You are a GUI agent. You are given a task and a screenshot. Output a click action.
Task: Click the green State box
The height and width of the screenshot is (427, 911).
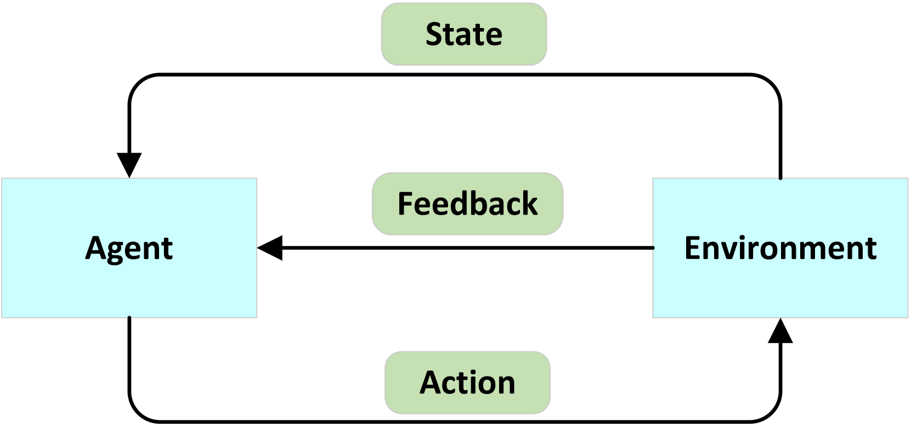pyautogui.click(x=464, y=34)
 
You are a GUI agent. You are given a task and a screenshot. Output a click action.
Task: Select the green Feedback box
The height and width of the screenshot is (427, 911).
pyautogui.click(x=467, y=204)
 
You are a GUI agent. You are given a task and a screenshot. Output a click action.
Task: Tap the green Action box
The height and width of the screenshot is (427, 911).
pyautogui.click(x=467, y=383)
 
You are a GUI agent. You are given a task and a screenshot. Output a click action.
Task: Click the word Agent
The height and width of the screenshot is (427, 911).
pyautogui.click(x=129, y=248)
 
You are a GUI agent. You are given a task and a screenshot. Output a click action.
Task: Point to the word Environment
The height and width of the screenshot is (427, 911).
pyautogui.click(x=780, y=248)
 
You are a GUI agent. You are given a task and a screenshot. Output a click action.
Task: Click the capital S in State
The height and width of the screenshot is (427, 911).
pyautogui.click(x=435, y=34)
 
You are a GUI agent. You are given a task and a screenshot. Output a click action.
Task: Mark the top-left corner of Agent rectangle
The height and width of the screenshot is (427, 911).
pyautogui.click(x=2, y=178)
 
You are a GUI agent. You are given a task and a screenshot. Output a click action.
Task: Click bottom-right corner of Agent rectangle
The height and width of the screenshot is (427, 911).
pyautogui.click(x=257, y=317)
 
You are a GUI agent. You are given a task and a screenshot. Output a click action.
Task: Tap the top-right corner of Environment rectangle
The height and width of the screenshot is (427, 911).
pyautogui.click(x=908, y=178)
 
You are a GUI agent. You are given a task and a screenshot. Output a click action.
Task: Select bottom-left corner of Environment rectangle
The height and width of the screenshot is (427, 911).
pyautogui.click(x=653, y=317)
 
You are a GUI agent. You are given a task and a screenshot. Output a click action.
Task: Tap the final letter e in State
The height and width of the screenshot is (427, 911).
pyautogui.click(x=494, y=37)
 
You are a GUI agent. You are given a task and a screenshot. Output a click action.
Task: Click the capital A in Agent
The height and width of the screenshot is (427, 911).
pyautogui.click(x=95, y=248)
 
